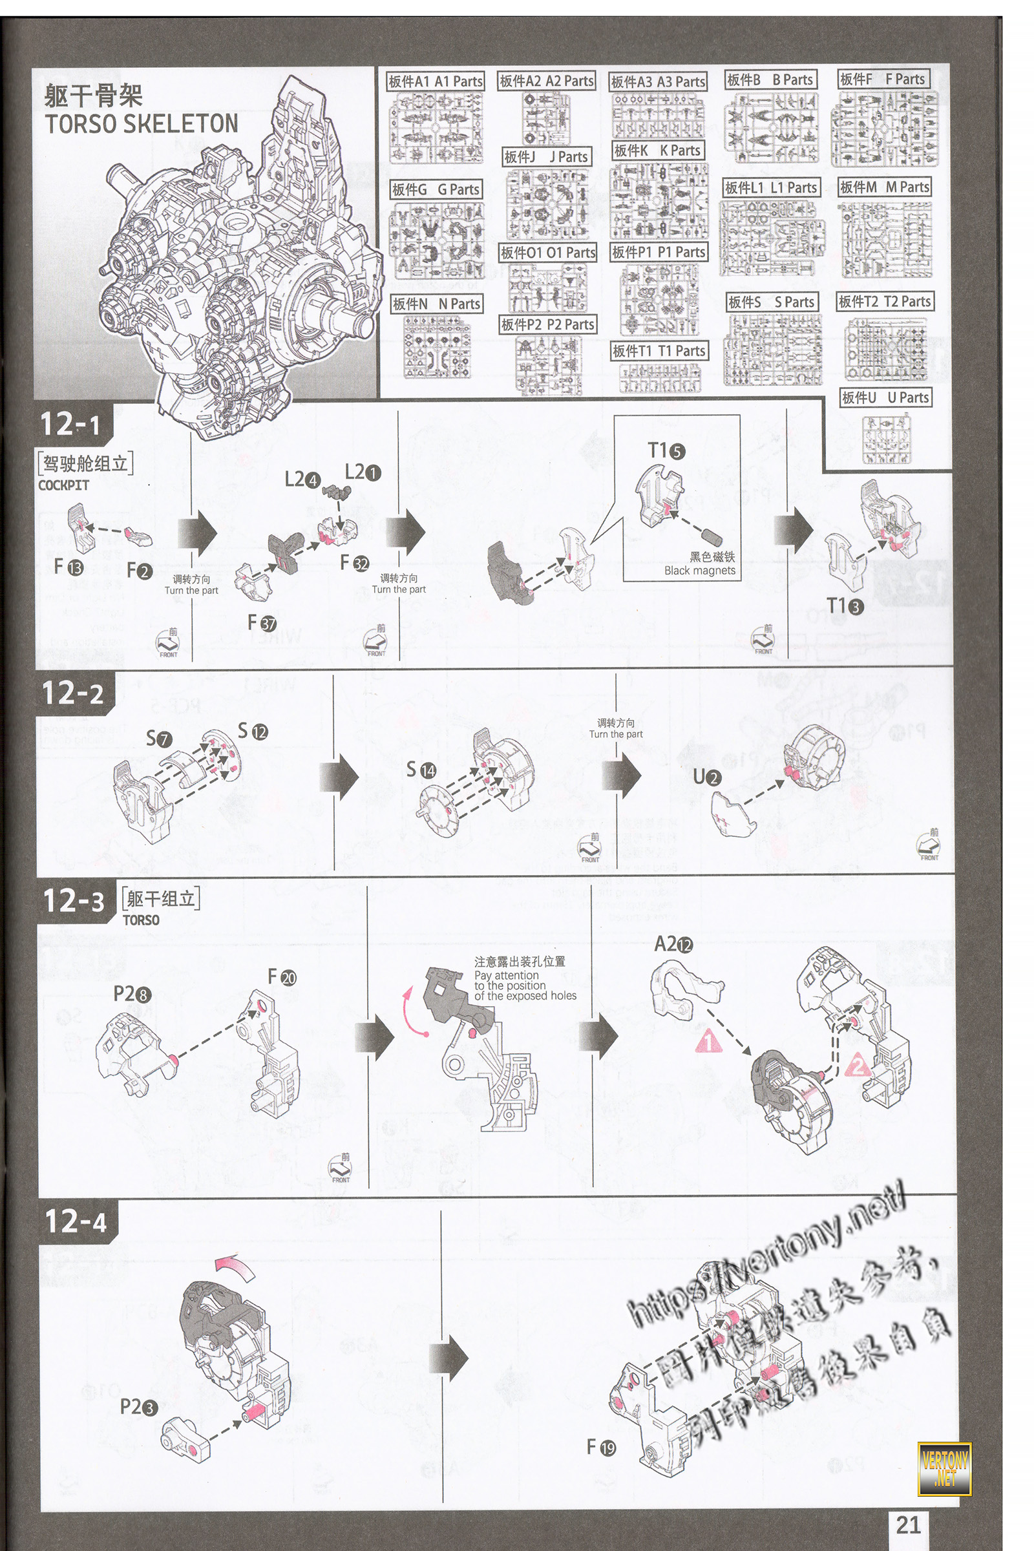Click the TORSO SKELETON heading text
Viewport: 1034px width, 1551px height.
point(141,123)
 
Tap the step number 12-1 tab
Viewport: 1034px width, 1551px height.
point(70,424)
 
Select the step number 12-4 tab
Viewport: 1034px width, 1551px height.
point(76,1221)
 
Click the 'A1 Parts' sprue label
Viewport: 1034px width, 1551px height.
point(435,81)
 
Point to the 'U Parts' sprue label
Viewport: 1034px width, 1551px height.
point(885,397)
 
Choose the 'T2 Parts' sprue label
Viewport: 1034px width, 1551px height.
point(884,302)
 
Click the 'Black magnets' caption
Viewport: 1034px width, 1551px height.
point(700,571)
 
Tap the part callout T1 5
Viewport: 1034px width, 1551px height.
point(666,451)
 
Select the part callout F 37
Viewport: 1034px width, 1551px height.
point(262,622)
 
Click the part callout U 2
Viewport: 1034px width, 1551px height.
point(707,777)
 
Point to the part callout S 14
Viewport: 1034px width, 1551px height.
point(421,770)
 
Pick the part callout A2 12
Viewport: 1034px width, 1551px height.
point(673,945)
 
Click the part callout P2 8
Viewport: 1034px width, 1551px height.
point(132,993)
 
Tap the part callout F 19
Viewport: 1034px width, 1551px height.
point(601,1448)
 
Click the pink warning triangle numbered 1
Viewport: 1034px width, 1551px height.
point(709,1041)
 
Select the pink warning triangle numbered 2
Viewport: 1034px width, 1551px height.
point(858,1064)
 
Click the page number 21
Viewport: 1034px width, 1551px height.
point(908,1523)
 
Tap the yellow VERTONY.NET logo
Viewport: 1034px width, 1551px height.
point(944,1468)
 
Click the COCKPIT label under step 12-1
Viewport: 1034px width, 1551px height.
point(63,485)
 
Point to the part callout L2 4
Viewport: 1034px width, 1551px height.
point(302,480)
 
